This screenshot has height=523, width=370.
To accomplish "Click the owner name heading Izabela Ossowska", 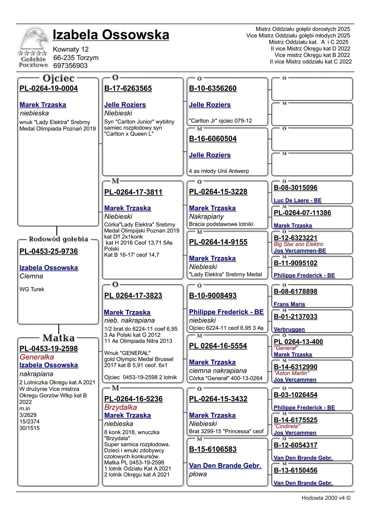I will click(111, 35).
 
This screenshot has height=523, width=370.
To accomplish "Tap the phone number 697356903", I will click(70, 66).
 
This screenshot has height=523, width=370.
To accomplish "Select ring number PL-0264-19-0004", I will click(49, 88).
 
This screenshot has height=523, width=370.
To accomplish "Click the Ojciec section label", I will click(59, 78).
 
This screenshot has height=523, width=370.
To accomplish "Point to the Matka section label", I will click(59, 338).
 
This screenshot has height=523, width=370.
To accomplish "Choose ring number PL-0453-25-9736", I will click(49, 251).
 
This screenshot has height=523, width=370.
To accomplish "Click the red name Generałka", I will click(37, 357).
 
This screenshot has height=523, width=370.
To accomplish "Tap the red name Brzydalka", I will click(121, 407).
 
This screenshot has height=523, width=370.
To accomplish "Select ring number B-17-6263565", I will click(128, 88).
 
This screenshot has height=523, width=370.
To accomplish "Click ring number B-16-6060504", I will click(213, 139).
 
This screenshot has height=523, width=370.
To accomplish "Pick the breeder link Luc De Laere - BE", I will click(298, 201).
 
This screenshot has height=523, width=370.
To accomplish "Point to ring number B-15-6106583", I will click(213, 449).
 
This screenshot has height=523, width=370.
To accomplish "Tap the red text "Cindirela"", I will click(287, 426).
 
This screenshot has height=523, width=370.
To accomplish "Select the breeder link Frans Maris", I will click(289, 304).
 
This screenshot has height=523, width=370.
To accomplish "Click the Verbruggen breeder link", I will click(289, 329).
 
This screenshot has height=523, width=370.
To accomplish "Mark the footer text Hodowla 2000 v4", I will click(326, 498).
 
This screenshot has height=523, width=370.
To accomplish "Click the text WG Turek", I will click(32, 289).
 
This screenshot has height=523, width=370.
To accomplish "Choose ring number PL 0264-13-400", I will click(298, 342).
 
